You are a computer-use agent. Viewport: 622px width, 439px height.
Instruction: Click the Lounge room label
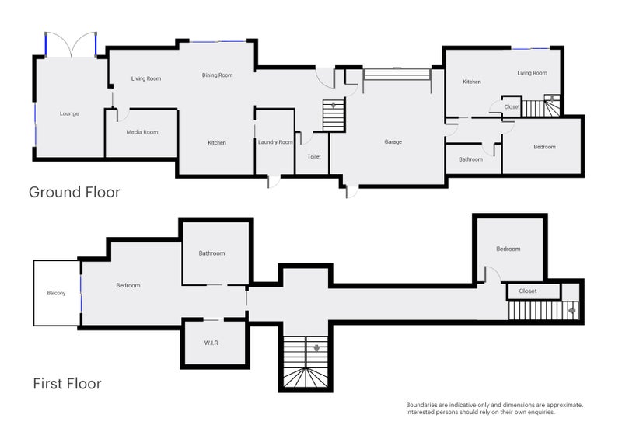click(69, 113)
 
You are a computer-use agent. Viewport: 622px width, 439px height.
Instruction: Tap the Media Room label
click(142, 132)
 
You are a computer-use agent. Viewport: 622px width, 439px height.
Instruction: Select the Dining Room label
click(217, 75)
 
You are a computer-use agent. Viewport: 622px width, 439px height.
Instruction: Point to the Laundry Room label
click(275, 142)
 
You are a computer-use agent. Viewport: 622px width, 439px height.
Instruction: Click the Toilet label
click(314, 156)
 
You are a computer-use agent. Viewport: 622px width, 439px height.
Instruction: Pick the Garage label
click(393, 142)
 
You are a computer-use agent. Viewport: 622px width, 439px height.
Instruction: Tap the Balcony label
click(56, 293)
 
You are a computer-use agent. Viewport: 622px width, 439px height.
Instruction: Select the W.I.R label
click(211, 342)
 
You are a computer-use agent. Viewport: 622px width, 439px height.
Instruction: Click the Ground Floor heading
click(75, 192)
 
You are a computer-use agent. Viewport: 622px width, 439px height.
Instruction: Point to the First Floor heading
click(67, 383)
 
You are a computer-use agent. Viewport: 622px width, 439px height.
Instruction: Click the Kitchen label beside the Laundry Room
click(217, 142)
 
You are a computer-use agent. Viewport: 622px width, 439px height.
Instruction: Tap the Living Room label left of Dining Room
click(145, 78)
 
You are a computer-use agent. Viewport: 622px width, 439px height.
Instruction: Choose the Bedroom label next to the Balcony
click(128, 286)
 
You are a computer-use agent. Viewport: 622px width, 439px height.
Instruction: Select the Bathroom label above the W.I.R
click(211, 253)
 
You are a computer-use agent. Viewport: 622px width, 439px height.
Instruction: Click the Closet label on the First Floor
click(527, 291)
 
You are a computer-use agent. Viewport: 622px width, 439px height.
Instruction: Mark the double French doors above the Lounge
click(71, 44)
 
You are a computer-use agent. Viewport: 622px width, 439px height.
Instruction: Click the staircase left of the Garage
click(333, 116)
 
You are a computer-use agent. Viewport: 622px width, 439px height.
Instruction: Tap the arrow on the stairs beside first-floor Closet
click(572, 311)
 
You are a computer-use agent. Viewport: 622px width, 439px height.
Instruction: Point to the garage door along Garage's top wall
click(397, 75)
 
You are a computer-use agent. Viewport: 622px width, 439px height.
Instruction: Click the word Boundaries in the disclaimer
click(421, 405)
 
